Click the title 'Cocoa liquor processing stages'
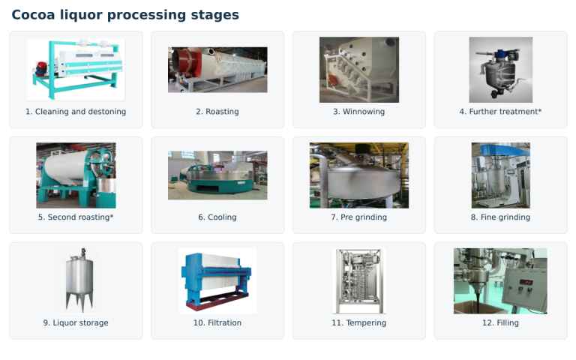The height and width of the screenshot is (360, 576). click(x=125, y=15)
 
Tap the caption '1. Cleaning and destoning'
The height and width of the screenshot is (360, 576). click(x=76, y=112)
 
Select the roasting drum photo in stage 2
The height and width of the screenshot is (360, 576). click(x=217, y=70)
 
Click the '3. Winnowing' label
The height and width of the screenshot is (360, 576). click(x=359, y=112)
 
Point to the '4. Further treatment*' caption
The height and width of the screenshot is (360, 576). click(x=500, y=112)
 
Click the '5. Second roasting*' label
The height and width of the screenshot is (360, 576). click(x=76, y=217)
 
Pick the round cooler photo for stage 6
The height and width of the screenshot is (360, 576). click(x=217, y=175)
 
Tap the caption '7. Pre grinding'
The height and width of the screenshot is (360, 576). click(x=359, y=217)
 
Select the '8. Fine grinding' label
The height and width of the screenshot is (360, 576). click(x=500, y=217)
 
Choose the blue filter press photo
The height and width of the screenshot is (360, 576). click(x=217, y=281)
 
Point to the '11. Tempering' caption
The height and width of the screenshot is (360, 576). click(x=359, y=322)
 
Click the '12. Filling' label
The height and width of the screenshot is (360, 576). click(x=500, y=322)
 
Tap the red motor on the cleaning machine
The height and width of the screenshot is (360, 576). click(x=40, y=69)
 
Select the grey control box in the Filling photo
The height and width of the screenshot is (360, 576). click(x=524, y=287)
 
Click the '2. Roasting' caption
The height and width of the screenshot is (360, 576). click(x=217, y=112)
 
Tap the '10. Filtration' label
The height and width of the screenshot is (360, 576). click(x=217, y=322)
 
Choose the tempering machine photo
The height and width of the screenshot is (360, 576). click(x=359, y=281)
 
